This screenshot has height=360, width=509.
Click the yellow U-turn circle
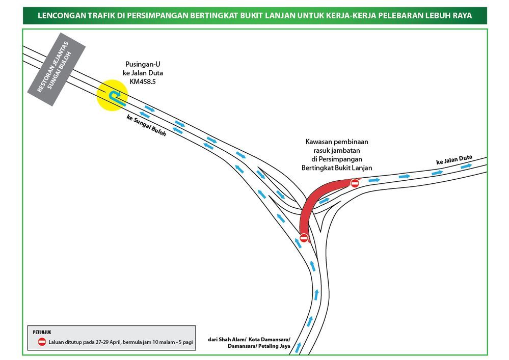[x=112, y=95]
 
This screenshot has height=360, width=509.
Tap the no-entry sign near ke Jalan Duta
[x=355, y=183]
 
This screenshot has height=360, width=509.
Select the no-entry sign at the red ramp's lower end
[x=304, y=238]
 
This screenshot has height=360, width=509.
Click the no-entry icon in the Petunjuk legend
[x=42, y=342]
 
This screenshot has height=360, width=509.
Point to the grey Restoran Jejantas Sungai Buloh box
[x=56, y=69]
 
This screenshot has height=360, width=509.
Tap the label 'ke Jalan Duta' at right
[x=454, y=159]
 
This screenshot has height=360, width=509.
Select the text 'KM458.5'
[x=143, y=82]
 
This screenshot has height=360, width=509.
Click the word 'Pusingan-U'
[x=143, y=64]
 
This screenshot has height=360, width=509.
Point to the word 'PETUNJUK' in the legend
[x=42, y=332]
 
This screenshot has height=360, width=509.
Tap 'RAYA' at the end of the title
[x=462, y=16]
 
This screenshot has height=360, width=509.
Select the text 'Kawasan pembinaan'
[x=337, y=142]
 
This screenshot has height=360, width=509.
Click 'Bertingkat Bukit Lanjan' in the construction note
[x=337, y=168]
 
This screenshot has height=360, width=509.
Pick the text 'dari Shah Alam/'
[x=227, y=340]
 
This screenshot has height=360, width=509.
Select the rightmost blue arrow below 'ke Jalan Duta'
[x=466, y=166]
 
